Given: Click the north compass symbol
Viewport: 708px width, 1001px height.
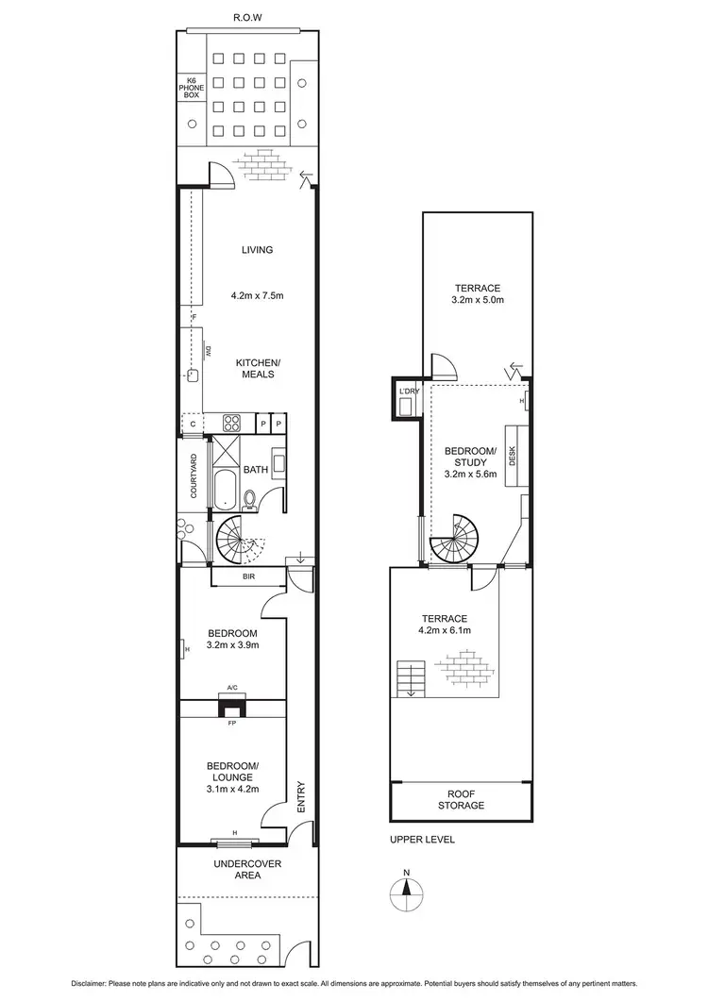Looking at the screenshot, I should point(405,889).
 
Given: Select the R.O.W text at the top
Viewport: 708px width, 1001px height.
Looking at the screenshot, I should point(246,17).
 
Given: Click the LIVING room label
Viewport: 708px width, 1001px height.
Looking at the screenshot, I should point(257,250).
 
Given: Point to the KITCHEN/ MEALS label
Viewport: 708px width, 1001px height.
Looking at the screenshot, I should point(257,368).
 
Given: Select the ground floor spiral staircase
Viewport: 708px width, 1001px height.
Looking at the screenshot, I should point(235,542).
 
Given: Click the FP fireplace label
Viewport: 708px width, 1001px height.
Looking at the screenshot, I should point(230,724).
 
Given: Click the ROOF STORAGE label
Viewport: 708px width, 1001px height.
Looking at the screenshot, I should point(462,799).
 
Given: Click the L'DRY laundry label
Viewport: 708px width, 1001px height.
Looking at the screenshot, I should point(409,391).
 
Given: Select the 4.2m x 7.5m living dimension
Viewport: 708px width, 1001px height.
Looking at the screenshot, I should point(257,296).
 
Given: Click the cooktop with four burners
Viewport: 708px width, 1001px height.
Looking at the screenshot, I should point(232,424).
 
